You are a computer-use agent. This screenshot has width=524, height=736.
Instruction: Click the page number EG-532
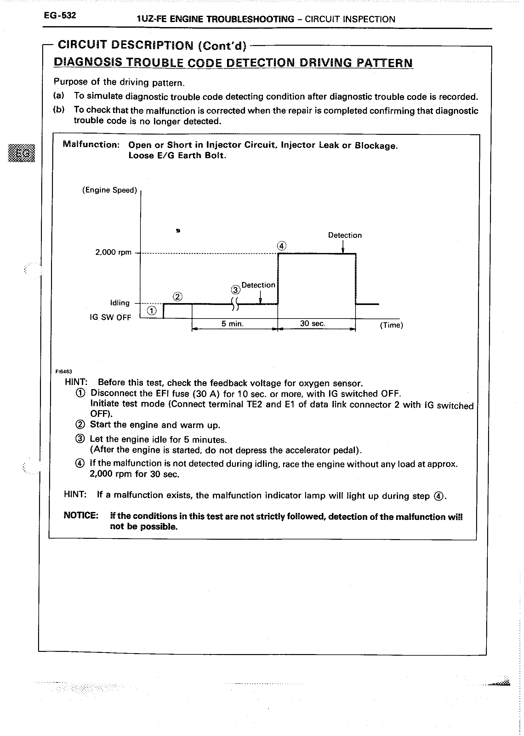[60, 15]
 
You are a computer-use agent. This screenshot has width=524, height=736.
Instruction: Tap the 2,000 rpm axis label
[113, 252]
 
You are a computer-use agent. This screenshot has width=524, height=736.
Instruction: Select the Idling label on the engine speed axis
[120, 303]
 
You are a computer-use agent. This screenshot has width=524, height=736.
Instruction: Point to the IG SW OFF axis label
[110, 317]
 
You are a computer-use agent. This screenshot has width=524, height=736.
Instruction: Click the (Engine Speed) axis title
[110, 190]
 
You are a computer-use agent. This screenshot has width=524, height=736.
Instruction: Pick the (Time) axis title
[391, 325]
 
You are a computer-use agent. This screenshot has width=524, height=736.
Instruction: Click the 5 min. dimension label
[232, 324]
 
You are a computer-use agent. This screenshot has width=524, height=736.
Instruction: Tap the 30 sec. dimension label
[313, 323]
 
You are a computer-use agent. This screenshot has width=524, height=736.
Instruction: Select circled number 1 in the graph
[152, 311]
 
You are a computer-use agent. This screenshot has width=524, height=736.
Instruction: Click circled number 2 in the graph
[178, 296]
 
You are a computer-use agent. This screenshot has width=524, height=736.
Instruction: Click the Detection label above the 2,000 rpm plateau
[345, 235]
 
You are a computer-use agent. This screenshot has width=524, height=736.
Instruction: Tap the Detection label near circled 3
[258, 285]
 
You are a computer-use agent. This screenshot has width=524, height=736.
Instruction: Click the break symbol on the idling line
[235, 304]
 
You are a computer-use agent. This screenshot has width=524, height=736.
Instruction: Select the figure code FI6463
[64, 371]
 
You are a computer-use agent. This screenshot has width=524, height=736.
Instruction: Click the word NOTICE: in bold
[81, 515]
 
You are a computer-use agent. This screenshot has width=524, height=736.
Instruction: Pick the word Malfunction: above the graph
[91, 144]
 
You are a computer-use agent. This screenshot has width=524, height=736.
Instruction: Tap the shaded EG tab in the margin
[21, 153]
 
